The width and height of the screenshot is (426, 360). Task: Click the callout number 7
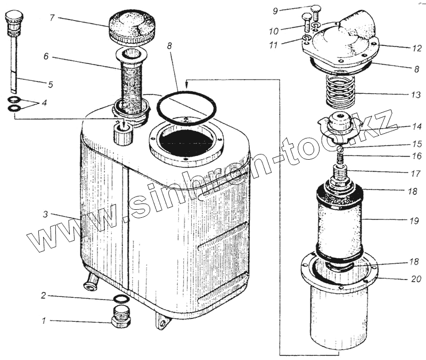click(52, 18)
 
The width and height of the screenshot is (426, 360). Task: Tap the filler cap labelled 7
click(132, 29)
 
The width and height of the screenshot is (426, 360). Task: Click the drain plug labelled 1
click(121, 317)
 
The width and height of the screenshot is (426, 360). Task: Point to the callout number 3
click(46, 215)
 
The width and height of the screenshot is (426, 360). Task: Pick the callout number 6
click(46, 56)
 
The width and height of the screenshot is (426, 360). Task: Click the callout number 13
click(416, 95)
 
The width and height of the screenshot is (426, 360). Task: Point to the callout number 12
click(416, 48)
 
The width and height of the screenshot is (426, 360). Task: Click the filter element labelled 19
click(339, 223)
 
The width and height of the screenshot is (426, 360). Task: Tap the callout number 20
click(416, 279)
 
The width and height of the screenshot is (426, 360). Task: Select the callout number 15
click(416, 144)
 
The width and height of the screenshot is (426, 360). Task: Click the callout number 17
click(416, 174)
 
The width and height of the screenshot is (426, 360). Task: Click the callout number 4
click(44, 103)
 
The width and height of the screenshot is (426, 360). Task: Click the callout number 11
click(274, 45)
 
